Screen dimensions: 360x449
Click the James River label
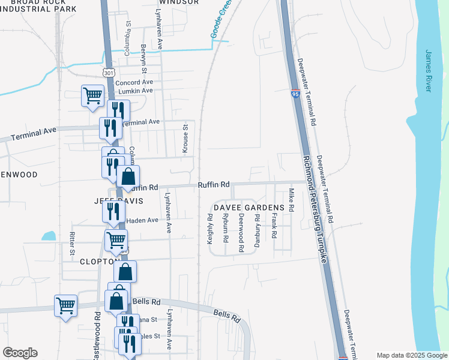pos(429,71)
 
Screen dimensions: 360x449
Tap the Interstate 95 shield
pos(295,94)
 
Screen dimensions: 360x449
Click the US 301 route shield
pos(108,73)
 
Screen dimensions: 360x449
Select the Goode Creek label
pos(221,19)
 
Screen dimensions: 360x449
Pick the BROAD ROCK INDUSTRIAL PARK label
pos(38,5)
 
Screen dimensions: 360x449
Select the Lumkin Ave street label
pos(136,91)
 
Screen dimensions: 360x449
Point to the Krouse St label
pos(185,139)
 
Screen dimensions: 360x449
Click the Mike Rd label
pos(291,200)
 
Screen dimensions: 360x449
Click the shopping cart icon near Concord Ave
pos(92,95)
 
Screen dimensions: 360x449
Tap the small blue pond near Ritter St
pos(49,236)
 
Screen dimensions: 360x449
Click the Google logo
pos(20,353)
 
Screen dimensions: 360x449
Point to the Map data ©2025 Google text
pos(411,355)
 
